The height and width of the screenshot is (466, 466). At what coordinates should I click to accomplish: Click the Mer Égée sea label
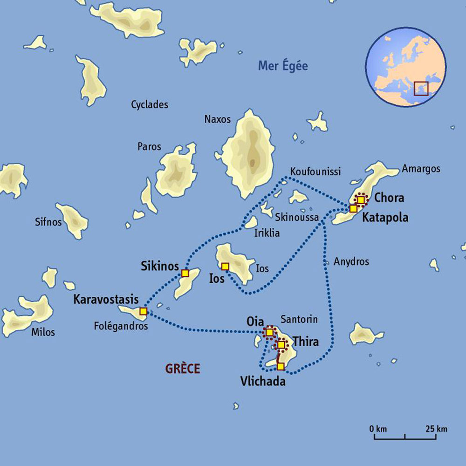tap(283, 66)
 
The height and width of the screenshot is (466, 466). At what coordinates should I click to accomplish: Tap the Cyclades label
tap(150, 105)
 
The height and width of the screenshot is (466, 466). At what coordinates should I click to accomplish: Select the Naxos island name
tap(217, 119)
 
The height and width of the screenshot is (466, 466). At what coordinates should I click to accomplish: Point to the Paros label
tap(149, 147)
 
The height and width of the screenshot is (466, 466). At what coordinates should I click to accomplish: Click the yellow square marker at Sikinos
tap(185, 273)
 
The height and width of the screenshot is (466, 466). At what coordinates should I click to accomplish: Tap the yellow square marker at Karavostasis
tap(143, 311)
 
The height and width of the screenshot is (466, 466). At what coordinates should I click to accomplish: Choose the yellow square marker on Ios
tap(225, 267)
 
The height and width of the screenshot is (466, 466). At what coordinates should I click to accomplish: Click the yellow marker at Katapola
tap(353, 208)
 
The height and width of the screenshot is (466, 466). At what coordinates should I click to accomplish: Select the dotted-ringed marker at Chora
tap(361, 199)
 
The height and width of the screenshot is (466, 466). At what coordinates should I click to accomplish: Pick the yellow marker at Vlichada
tap(280, 366)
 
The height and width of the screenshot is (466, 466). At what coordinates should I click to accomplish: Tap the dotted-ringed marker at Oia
tap(269, 332)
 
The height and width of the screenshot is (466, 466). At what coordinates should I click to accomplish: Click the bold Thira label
tap(306, 343)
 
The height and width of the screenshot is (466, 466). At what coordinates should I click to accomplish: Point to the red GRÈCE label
tap(183, 369)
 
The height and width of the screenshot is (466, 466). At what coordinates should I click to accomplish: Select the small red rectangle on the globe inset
tap(421, 88)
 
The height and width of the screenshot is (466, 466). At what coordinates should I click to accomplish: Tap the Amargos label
tap(421, 169)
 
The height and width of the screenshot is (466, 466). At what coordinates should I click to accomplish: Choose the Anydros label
tap(351, 262)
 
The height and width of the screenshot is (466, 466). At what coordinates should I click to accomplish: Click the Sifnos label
tap(48, 222)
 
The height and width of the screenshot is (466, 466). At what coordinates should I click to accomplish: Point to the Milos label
tap(43, 332)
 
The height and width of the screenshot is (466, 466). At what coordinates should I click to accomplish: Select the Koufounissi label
tap(315, 172)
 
